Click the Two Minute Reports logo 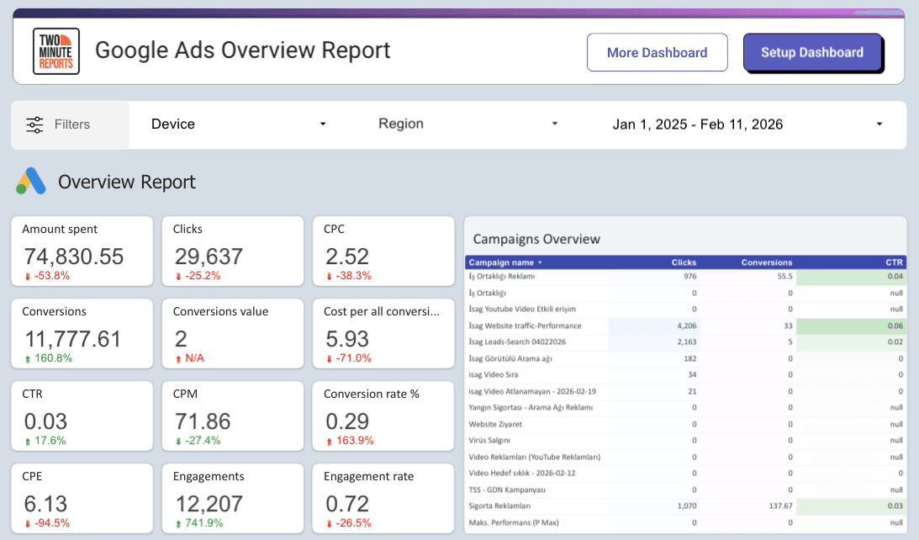pyautogui.click(x=55, y=51)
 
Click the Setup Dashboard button pyautogui.click(x=812, y=52)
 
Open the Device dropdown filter pyautogui.click(x=238, y=124)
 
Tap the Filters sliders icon pyautogui.click(x=34, y=124)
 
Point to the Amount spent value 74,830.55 pyautogui.click(x=74, y=257)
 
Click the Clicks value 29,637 pyautogui.click(x=209, y=257)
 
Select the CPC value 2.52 pyautogui.click(x=348, y=257)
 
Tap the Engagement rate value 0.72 pyautogui.click(x=348, y=504)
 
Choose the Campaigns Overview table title pyautogui.click(x=536, y=239)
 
